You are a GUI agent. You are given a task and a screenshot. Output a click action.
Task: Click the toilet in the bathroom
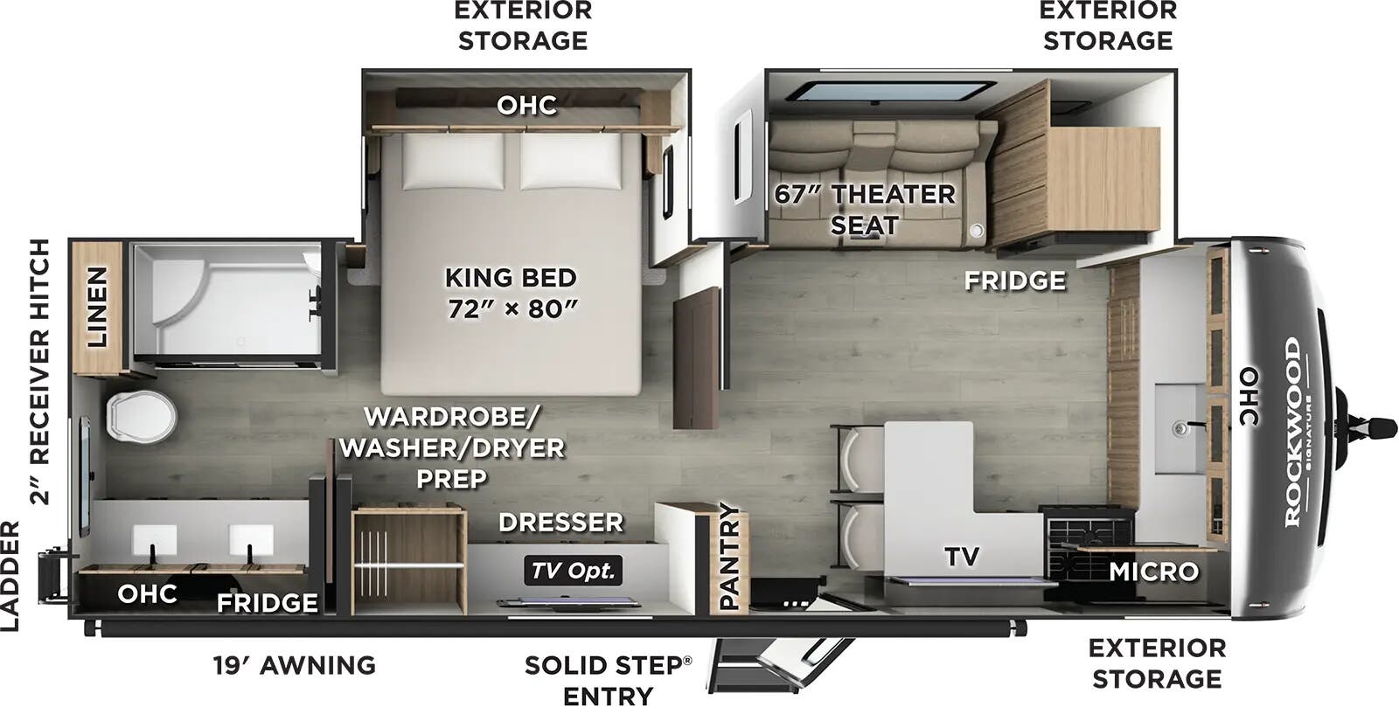click(x=140, y=415)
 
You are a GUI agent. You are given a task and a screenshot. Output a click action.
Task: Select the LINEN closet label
click(x=96, y=307)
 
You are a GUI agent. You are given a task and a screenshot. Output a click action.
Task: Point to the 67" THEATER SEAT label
click(x=865, y=209)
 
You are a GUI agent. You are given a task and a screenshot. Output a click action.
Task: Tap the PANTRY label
click(x=728, y=557)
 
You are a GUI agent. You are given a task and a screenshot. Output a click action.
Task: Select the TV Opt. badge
click(x=574, y=571)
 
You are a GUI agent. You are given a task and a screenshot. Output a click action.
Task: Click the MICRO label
click(x=1153, y=572)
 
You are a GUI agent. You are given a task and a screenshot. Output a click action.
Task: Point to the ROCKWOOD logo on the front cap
click(x=1292, y=433)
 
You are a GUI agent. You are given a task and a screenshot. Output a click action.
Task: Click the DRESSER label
click(x=560, y=523)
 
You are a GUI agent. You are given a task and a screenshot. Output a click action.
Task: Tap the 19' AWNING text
click(x=294, y=665)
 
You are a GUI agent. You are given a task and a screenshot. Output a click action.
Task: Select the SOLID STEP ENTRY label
click(x=608, y=680)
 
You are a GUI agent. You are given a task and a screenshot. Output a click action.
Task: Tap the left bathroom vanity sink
click(x=154, y=540)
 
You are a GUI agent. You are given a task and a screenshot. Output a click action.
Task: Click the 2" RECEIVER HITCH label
click(x=40, y=372)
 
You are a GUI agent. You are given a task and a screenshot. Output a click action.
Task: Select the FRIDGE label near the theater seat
click(x=1014, y=281)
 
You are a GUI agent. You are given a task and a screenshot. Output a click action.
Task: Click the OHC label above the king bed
click(x=526, y=106)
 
